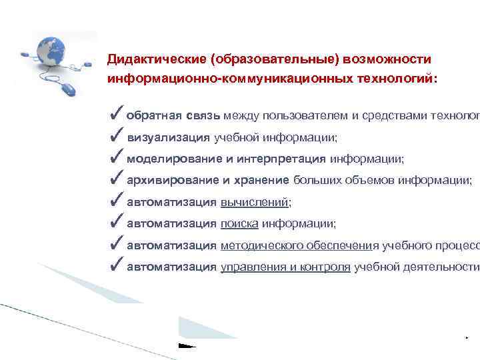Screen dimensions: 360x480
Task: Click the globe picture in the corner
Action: (57, 49)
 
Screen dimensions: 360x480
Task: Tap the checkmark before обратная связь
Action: (115, 115)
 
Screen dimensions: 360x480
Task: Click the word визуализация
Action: (168, 138)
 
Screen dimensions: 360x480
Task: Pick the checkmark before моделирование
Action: (115, 159)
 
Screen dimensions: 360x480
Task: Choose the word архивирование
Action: (172, 181)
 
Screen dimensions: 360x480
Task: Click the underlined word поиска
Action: (239, 225)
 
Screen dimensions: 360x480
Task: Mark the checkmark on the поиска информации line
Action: (115, 224)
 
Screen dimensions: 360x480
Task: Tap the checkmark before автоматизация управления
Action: (115, 267)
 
